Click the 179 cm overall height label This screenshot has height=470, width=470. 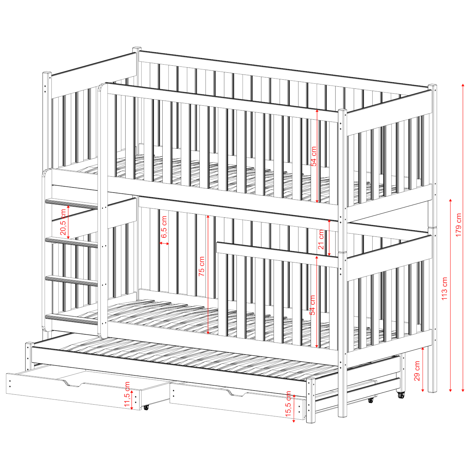point(459,225)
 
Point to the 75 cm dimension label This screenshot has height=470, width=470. point(202,266)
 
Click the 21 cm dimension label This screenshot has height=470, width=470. point(321,239)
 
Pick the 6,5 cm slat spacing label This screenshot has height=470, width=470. point(164,227)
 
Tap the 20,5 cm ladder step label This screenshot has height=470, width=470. point(63,222)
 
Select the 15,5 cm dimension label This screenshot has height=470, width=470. point(288,407)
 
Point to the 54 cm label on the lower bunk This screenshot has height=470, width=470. point(312,305)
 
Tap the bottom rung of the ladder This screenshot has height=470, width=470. point(72,319)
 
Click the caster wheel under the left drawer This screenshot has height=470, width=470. point(146,407)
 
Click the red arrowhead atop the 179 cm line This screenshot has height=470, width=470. point(463,85)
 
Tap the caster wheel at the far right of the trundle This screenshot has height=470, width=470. point(400,395)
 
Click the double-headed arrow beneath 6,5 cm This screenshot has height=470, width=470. point(164,243)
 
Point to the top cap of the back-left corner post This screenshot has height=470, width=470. point(137,48)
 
